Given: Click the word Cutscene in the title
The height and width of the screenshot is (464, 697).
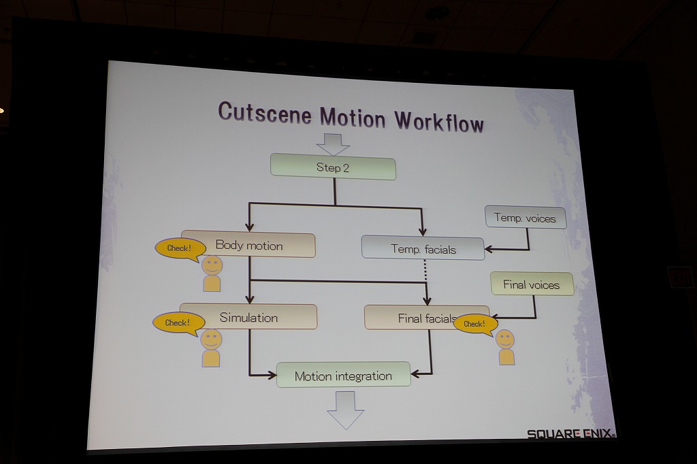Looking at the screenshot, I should point(265,113).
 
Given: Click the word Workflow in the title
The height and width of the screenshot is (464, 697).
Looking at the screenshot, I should point(439,121).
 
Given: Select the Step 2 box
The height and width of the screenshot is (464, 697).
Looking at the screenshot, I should point(333,167).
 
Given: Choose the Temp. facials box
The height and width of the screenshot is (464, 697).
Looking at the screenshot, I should point(423,249).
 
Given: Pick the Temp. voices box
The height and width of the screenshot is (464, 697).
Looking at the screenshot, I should point(525,218).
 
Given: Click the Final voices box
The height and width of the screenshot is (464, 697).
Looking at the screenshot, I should point(532,284).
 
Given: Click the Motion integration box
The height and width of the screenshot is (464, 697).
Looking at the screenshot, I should point(343,376).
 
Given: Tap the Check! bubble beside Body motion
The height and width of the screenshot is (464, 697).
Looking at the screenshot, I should point(179,249).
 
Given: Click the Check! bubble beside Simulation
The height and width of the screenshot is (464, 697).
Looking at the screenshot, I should point(177,322).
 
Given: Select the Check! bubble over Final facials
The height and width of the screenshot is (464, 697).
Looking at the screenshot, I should point(474,324).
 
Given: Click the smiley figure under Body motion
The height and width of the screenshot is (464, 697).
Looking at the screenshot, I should point(212,274).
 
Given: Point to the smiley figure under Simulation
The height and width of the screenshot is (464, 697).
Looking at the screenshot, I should point(211,348).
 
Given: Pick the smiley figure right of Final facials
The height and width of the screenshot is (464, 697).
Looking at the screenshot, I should point(506,347).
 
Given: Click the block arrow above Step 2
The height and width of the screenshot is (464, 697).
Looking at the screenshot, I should point(333,144).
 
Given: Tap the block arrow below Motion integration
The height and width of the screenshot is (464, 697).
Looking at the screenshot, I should point(346,409).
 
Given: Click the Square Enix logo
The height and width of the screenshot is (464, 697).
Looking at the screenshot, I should point(570,433).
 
